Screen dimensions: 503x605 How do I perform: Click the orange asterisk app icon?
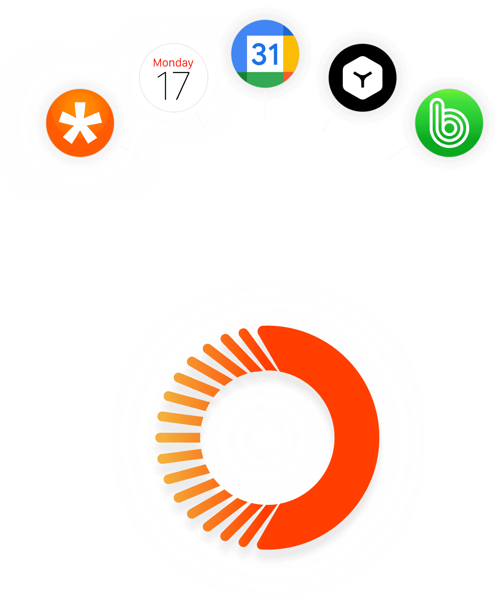(80, 123)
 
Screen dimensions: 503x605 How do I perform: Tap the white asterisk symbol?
(80, 123)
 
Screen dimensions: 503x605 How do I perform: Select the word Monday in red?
(173, 63)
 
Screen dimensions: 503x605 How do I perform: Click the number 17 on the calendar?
(173, 86)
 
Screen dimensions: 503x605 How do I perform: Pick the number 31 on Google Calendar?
(265, 54)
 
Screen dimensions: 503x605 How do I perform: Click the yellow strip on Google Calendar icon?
(291, 53)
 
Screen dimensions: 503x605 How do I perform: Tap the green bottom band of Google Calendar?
(265, 79)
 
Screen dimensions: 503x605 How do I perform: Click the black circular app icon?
(362, 77)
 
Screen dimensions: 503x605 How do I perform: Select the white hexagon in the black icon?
(362, 77)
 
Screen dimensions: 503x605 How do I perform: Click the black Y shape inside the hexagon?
(362, 79)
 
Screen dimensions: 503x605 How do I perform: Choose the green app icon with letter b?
(449, 123)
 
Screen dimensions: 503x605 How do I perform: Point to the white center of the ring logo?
(267, 437)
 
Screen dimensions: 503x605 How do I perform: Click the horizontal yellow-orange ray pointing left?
(178, 437)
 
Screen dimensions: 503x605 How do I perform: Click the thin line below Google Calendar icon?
(265, 104)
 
